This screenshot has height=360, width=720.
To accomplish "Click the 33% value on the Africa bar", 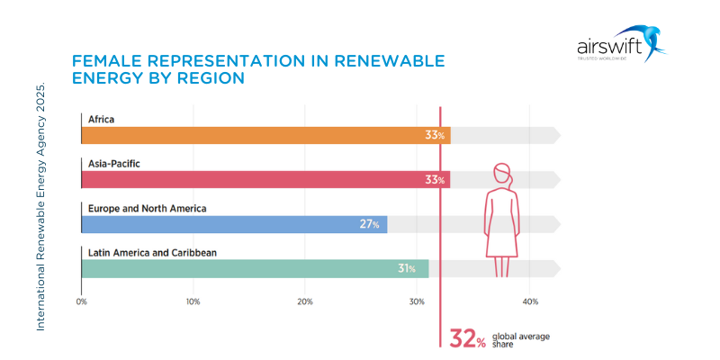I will coord(436,135).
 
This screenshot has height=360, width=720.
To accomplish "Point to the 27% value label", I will coord(369,224).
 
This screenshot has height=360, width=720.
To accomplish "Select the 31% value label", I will coord(406,268).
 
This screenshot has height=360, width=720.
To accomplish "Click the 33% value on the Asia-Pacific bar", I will coord(436,180).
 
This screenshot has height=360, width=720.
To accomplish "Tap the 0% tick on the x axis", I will coord(81,301).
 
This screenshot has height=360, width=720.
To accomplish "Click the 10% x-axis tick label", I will coord(193,301).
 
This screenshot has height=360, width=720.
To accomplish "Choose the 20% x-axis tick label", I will coord(305,301).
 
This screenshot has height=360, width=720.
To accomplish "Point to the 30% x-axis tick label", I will coord(417,301).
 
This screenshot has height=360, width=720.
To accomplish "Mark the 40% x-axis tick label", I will coord(529,301).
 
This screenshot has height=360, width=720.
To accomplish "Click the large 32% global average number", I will coord(468,339).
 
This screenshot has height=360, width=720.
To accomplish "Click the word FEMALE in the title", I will coord(106,61).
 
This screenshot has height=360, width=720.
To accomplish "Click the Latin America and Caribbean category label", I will coord(152,252).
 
